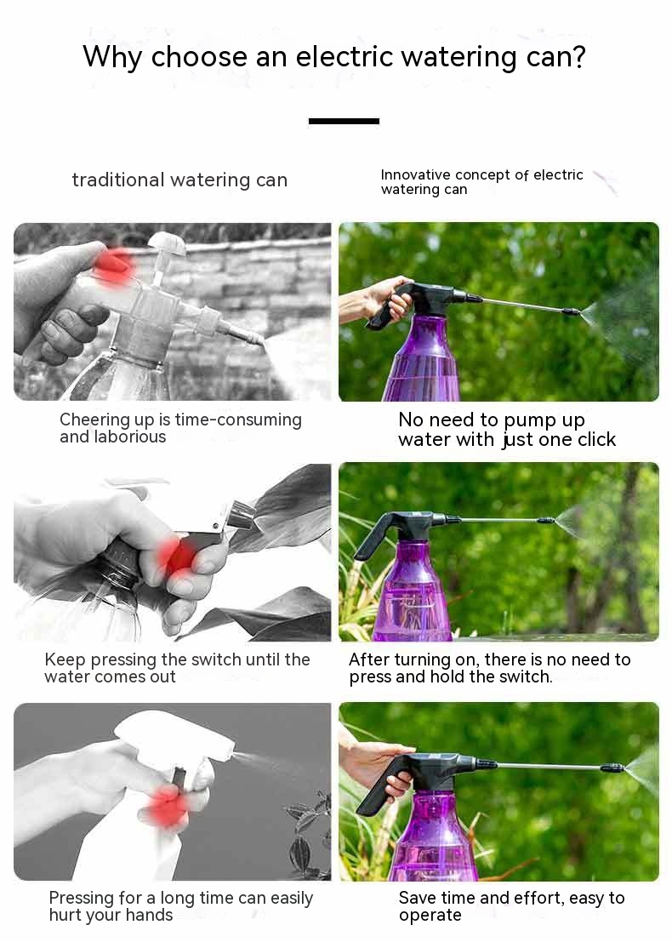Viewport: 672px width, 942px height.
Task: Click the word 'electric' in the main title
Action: (x=345, y=56)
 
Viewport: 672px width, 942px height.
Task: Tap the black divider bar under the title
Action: (x=344, y=121)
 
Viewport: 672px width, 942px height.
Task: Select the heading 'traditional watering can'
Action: (x=179, y=180)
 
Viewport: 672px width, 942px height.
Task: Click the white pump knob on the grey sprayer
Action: (x=167, y=243)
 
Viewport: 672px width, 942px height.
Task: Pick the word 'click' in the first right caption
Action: (x=596, y=440)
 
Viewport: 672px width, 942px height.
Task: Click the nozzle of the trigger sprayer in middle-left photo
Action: (x=240, y=513)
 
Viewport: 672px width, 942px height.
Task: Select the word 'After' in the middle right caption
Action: (x=369, y=659)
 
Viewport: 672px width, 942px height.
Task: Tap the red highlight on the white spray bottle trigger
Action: (x=167, y=806)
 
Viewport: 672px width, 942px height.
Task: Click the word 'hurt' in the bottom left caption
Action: (x=66, y=915)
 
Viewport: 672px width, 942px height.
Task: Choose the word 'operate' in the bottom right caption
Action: (x=430, y=916)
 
